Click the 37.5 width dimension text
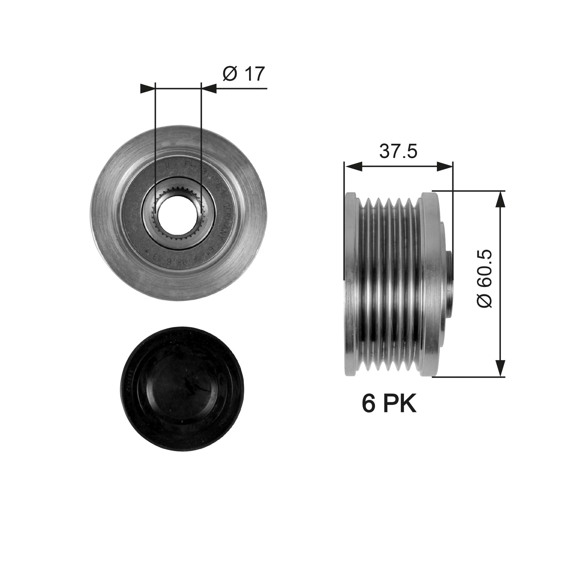point(398,151)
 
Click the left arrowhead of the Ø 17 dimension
point(147,89)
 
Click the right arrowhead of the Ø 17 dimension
point(209,89)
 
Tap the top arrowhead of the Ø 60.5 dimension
point(500,199)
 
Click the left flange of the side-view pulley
point(351,284)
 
